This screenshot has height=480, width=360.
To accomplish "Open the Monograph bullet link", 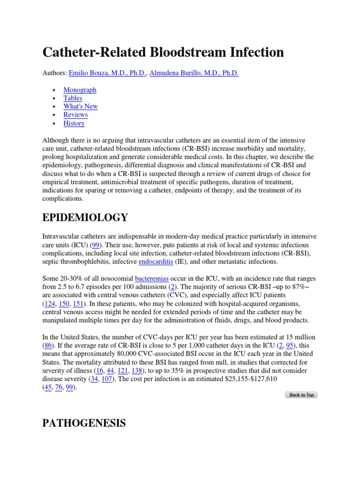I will (x=80, y=90).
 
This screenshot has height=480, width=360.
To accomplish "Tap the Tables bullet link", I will (x=73, y=98).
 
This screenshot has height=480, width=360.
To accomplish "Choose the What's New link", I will (x=81, y=106).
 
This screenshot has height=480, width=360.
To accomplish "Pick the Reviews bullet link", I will (x=75, y=115).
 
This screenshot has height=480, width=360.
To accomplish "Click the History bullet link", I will (x=74, y=123).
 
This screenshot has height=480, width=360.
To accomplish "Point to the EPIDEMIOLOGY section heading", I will (x=85, y=217).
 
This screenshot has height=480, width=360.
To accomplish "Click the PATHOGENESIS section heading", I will (x=84, y=423).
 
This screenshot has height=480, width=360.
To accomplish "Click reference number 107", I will (x=106, y=379).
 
